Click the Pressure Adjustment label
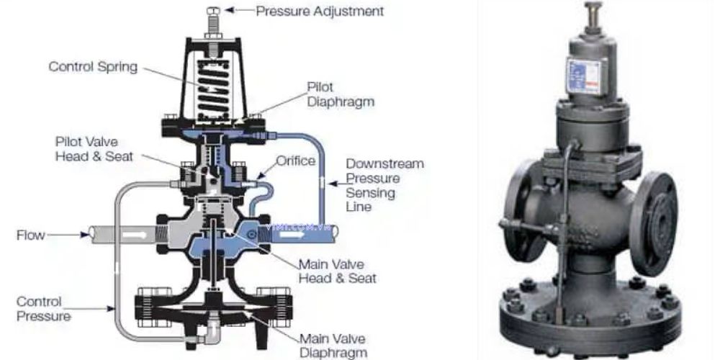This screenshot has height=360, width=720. click(320, 11)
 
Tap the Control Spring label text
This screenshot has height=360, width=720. click(93, 66)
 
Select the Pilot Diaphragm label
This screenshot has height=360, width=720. click(341, 94)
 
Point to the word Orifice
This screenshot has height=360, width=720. click(296, 161)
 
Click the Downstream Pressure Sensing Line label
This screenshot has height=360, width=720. click(384, 185)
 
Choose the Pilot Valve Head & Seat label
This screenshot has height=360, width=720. click(94, 149)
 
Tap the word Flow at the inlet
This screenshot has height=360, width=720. click(31, 235)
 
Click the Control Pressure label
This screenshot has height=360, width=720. click(44, 309)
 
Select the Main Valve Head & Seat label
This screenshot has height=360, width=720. click(338, 271)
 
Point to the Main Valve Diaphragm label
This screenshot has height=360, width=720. click(333, 346)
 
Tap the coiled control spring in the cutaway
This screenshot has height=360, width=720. click(213, 88)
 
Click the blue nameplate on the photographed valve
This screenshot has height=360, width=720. click(583, 76)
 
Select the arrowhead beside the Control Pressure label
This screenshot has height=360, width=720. click(110, 309)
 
